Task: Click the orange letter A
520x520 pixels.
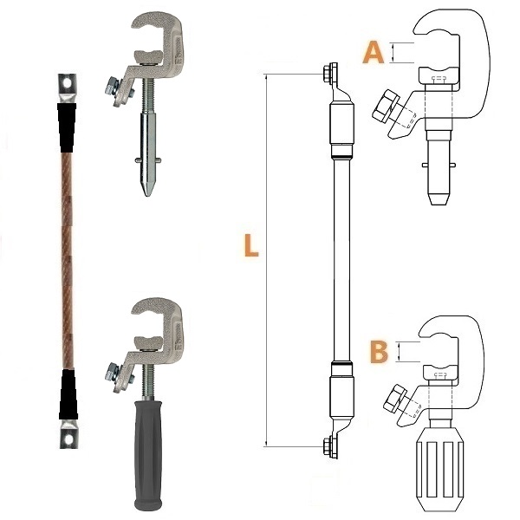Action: [374, 52]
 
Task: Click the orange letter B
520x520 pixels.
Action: [379, 352]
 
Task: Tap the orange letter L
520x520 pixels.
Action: [251, 245]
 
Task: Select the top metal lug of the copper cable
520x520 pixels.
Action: [67, 88]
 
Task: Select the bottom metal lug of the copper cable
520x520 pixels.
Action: [68, 434]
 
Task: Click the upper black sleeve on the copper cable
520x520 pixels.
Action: [67, 127]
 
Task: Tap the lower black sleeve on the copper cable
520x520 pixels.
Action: [68, 394]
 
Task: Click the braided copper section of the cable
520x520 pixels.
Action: [68, 261]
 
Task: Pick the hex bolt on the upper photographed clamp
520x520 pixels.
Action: [112, 87]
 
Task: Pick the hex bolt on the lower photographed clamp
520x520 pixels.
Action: [112, 373]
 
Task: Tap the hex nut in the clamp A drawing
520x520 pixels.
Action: [387, 105]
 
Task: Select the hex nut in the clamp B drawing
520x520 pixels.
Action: [394, 398]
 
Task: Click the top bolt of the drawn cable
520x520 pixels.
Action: [330, 74]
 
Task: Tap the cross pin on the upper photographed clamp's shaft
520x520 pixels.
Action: [148, 160]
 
